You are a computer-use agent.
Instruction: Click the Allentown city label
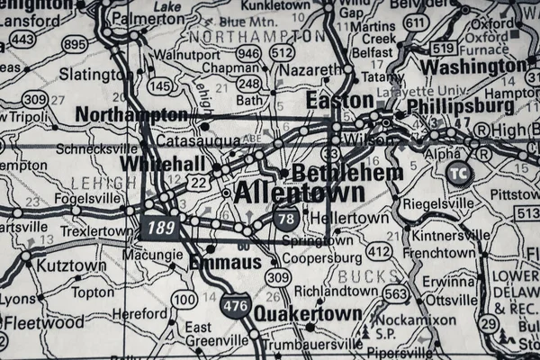(x=299, y=193)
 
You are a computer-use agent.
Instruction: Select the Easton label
(x=339, y=100)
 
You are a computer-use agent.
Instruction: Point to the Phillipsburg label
(x=460, y=106)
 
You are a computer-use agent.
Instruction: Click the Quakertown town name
(x=308, y=314)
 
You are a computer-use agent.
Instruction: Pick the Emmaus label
(x=225, y=262)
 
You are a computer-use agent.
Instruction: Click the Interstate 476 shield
(x=236, y=306)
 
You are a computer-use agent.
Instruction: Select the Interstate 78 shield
(x=288, y=219)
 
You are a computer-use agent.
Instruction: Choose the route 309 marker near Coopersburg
(x=277, y=277)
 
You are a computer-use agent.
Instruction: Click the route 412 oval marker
(x=379, y=252)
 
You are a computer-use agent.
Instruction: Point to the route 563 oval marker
(x=394, y=293)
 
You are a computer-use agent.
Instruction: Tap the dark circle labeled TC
(x=459, y=175)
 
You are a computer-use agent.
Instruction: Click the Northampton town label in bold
(x=131, y=114)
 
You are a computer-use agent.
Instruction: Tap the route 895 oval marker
(x=76, y=43)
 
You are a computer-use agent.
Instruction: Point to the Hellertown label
(x=349, y=218)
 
